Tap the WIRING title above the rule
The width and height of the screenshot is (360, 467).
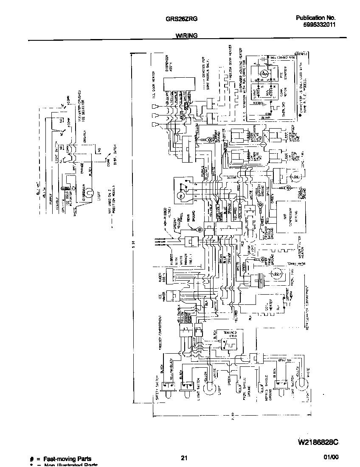pyautogui.click(x=186, y=36)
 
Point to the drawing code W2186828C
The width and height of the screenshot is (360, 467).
pyautogui.click(x=315, y=443)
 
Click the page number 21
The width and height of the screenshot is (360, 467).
pyautogui.click(x=184, y=458)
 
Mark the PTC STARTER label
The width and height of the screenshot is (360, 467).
pyautogui.click(x=285, y=74)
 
